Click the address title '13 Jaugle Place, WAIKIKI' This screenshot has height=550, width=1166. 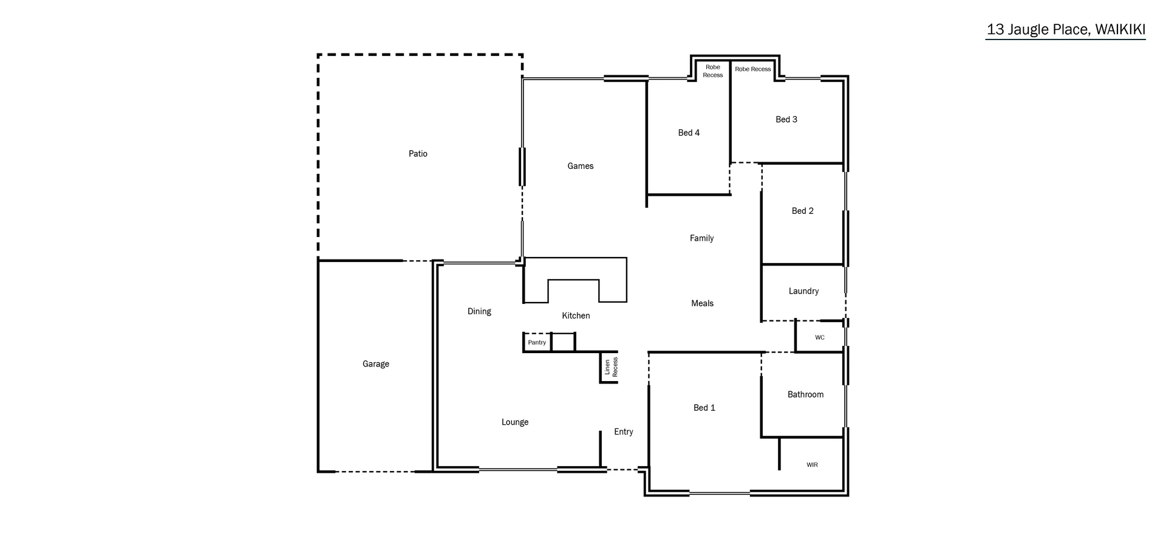[1065, 30]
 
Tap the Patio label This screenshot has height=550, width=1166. [418, 154]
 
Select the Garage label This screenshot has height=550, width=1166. [376, 364]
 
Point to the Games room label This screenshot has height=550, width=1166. [581, 166]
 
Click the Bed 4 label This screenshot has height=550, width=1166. [689, 132]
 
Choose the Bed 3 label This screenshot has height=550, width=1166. [786, 119]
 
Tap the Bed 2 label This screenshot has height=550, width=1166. [802, 211]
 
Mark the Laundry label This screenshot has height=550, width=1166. [803, 291]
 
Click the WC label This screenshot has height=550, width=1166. [820, 337]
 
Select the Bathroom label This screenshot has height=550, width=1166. [805, 394]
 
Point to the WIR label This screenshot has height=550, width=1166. [812, 465]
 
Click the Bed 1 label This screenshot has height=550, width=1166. [704, 408]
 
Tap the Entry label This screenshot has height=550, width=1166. [624, 431]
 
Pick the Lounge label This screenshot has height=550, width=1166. [515, 422]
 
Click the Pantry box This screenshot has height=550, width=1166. [537, 343]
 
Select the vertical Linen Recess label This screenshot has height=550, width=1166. [611, 367]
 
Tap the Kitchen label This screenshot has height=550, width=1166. [576, 315]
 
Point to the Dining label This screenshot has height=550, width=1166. [479, 311]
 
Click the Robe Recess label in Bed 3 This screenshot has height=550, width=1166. [753, 69]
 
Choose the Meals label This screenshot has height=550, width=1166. [702, 303]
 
